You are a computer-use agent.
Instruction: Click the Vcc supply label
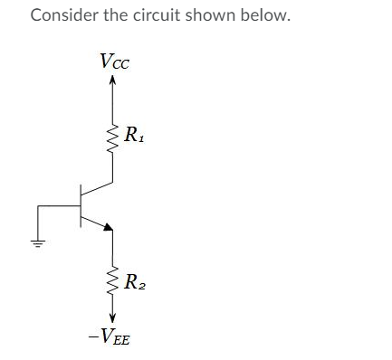[114, 62]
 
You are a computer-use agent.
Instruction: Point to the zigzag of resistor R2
[112, 282]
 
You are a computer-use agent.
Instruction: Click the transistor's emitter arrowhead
[108, 228]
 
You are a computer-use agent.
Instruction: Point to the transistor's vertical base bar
[81, 206]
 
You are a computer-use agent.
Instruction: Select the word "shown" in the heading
[218, 16]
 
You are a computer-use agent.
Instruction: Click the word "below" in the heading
[269, 16]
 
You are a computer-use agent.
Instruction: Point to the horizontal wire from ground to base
[59, 206]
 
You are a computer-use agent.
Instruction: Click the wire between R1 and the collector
[112, 170]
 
